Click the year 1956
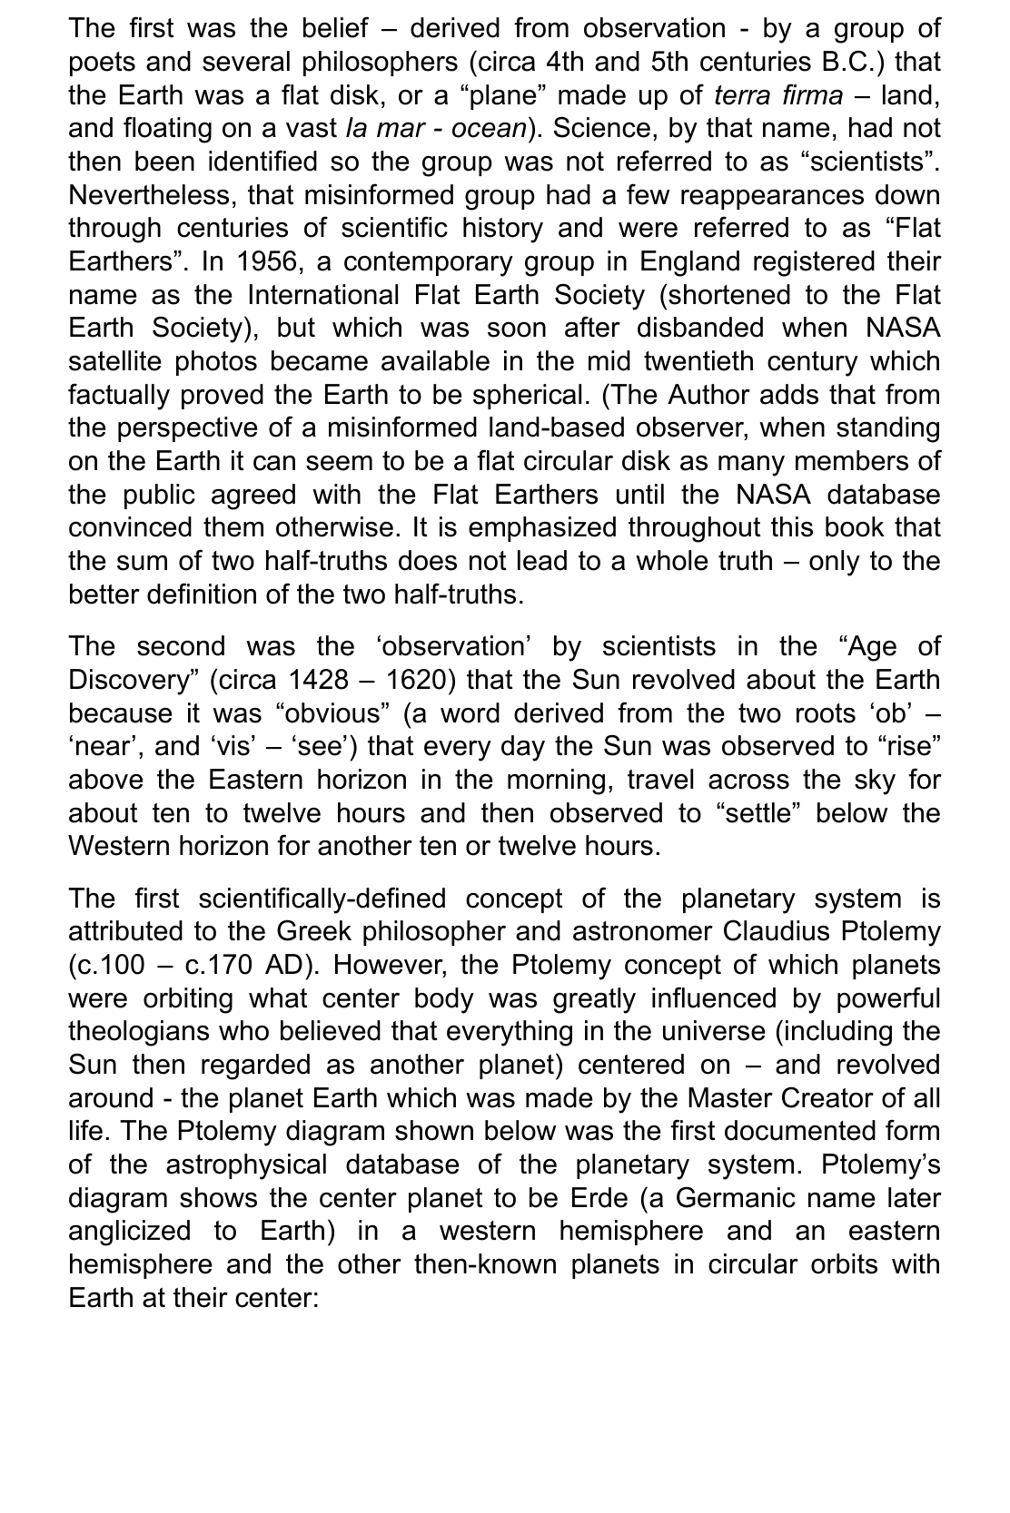coord(268,261)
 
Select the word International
coord(323,295)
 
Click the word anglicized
coord(130,1232)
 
